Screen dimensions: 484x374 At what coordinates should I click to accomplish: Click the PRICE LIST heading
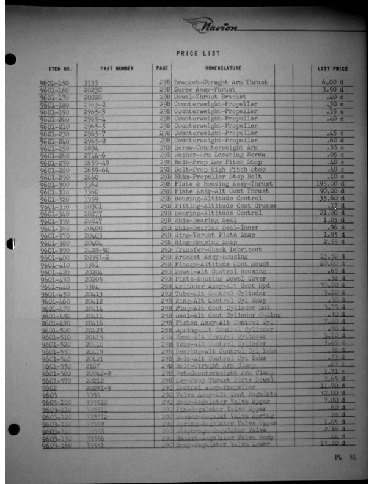tap(198, 54)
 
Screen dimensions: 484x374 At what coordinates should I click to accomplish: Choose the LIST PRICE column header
tap(332, 69)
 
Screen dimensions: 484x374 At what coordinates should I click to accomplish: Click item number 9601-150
tap(55, 82)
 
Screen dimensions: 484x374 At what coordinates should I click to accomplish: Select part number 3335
tap(91, 82)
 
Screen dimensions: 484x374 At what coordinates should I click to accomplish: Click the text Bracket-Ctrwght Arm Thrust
tap(221, 82)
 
